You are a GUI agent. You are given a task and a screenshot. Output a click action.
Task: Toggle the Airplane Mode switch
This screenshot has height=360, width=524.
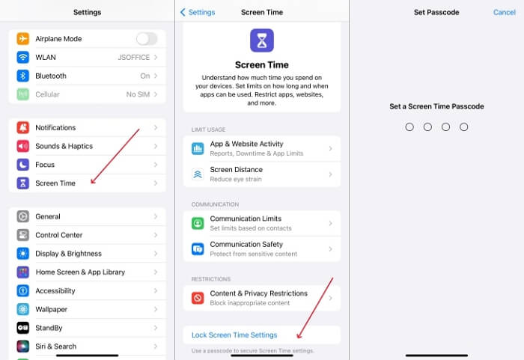147,39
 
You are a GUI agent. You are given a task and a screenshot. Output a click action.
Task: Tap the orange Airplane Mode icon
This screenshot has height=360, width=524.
22,39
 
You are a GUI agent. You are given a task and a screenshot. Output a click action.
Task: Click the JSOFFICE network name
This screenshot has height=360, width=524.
134,58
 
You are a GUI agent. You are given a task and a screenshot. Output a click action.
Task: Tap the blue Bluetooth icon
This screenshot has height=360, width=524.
22,76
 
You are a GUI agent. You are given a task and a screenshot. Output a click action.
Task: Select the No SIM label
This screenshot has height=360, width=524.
138,94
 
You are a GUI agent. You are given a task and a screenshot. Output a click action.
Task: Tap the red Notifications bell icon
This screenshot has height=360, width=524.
22,128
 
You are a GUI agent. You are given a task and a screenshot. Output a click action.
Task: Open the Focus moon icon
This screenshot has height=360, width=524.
22,165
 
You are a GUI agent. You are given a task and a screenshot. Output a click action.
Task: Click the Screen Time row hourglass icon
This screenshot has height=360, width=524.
22,183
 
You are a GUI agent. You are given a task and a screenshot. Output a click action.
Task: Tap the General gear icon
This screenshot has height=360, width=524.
22,216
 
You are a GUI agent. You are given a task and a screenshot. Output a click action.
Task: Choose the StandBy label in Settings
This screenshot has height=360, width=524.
49,328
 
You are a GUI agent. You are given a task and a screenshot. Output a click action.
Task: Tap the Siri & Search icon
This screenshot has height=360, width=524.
22,347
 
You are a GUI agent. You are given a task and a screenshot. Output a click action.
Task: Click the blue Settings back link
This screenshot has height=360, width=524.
198,13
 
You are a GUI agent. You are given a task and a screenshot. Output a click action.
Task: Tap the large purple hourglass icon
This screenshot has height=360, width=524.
262,40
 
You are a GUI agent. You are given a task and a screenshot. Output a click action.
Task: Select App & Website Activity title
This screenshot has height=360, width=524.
246,144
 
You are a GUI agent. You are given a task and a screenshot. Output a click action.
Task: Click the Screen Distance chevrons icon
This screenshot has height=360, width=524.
198,174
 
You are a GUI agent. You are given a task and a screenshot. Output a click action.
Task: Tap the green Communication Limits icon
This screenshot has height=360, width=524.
198,223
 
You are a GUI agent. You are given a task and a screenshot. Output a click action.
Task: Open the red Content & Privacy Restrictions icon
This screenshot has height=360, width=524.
198,298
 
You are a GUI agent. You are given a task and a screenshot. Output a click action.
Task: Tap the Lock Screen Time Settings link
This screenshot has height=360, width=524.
234,335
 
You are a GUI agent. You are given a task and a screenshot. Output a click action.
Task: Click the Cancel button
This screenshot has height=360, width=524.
505,13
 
